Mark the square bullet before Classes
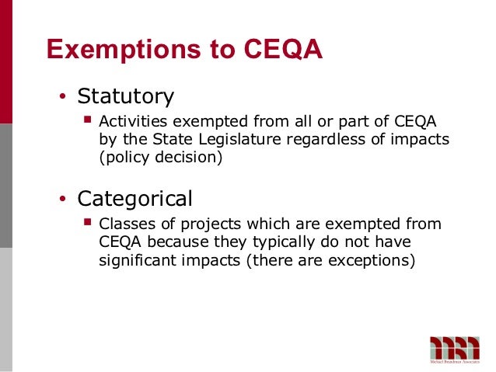coord(87,224)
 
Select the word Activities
coord(132,123)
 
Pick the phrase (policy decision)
coord(161,158)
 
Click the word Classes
coord(125,224)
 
